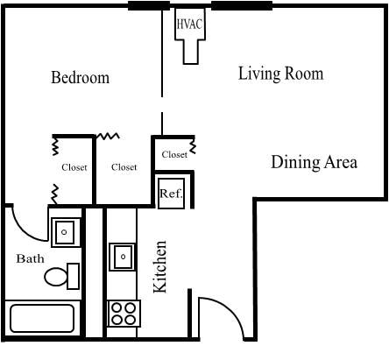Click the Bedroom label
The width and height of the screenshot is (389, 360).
(80, 78)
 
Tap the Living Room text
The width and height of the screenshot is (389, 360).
(280, 74)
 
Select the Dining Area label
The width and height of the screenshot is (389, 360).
(314, 162)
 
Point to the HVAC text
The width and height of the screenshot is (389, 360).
(190, 25)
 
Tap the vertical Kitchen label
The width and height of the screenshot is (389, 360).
(161, 266)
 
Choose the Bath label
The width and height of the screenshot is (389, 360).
(30, 259)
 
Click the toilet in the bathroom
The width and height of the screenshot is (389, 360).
(60, 277)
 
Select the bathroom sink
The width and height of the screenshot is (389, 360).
(64, 233)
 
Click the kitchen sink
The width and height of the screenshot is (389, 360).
(123, 258)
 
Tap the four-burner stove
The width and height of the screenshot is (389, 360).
(123, 312)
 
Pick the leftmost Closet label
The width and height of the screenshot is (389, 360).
(74, 167)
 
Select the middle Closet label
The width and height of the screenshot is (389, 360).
(124, 167)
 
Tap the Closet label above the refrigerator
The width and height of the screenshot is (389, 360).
(174, 154)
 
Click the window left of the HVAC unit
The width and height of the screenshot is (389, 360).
(149, 6)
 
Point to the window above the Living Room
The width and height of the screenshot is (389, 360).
(242, 6)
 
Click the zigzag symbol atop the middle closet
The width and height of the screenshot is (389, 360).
(108, 137)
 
